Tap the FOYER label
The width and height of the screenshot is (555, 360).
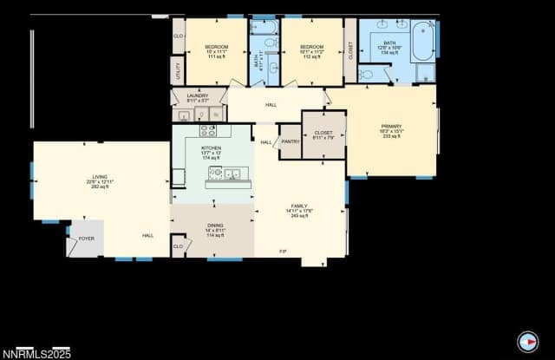coord(87,238)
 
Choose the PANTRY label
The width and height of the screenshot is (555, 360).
coord(291,141)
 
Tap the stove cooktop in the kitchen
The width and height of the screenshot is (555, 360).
coord(209,131)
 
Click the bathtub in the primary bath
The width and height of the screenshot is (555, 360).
coord(423,40)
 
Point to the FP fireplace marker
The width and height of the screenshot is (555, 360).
coord(283,252)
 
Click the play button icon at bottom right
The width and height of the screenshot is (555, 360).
coord(526,341)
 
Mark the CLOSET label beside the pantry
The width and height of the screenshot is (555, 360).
coord(323,134)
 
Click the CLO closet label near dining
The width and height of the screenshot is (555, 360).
coord(178,245)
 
